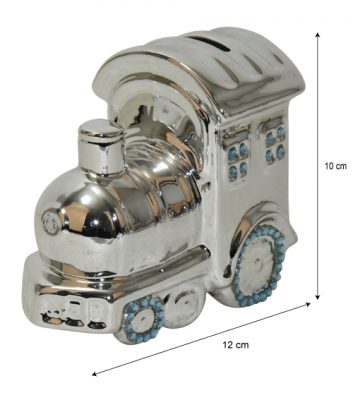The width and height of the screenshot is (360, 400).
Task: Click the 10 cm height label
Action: (x=336, y=166)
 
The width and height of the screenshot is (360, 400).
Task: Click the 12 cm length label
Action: (x=236, y=345)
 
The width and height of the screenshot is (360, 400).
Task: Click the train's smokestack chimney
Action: (x=101, y=147)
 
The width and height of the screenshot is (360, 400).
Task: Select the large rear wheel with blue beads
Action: (x=259, y=265)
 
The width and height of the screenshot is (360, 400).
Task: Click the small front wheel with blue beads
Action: (x=143, y=319)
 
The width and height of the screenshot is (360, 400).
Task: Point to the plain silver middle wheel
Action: (x=182, y=309)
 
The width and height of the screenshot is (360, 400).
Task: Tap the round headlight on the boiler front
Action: (x=52, y=222)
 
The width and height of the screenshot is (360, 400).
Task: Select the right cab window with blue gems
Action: (x=275, y=140)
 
